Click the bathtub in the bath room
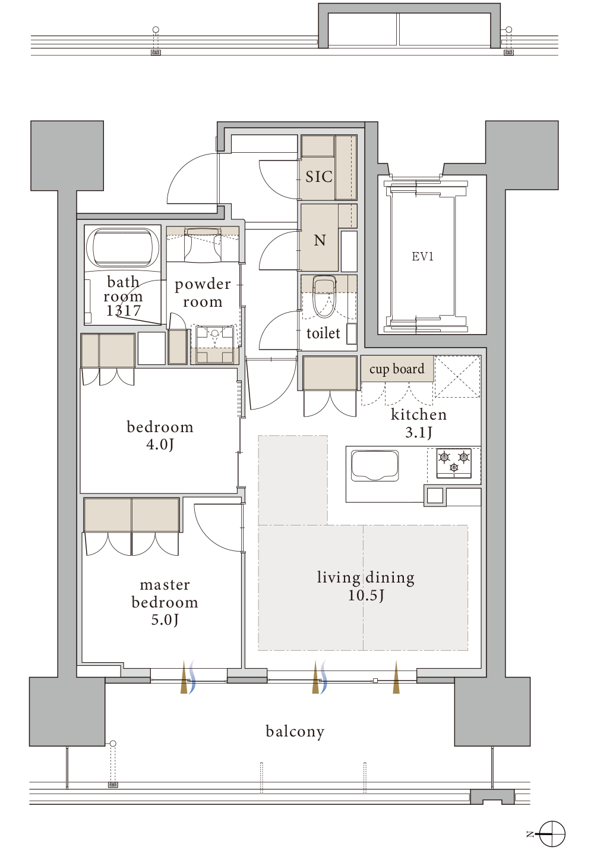[122, 247]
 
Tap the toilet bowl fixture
[324, 297]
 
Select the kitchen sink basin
[375, 465]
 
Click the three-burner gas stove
[454, 463]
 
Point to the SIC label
[319, 177]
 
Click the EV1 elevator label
[422, 257]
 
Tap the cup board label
[397, 369]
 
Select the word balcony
[295, 732]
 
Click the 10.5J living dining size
[366, 596]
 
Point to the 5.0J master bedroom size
[165, 620]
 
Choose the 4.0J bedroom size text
[160, 445]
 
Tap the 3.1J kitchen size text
[419, 432]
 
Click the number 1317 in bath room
[124, 311]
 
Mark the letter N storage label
[320, 240]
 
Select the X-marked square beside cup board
[457, 376]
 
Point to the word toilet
[323, 333]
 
